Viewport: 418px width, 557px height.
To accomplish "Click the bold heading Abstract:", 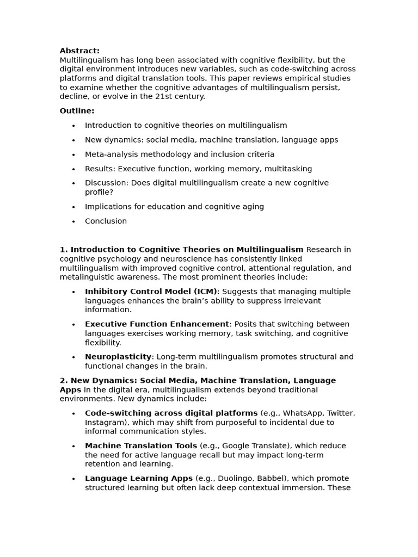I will [79, 51].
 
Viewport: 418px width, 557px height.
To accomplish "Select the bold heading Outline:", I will [77, 111].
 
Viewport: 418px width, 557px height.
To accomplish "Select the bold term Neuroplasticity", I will [118, 357].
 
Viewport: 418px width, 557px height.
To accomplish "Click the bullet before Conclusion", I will [73, 222].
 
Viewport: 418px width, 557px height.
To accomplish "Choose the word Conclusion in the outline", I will [106, 221].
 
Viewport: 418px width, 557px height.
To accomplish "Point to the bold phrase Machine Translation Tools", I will [141, 446].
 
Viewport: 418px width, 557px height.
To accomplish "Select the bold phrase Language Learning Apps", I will [139, 479].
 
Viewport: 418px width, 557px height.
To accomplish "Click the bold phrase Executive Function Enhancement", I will [157, 324].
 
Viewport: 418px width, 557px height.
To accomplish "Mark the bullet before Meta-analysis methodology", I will [73, 155].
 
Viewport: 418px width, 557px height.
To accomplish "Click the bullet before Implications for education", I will [73, 207].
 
